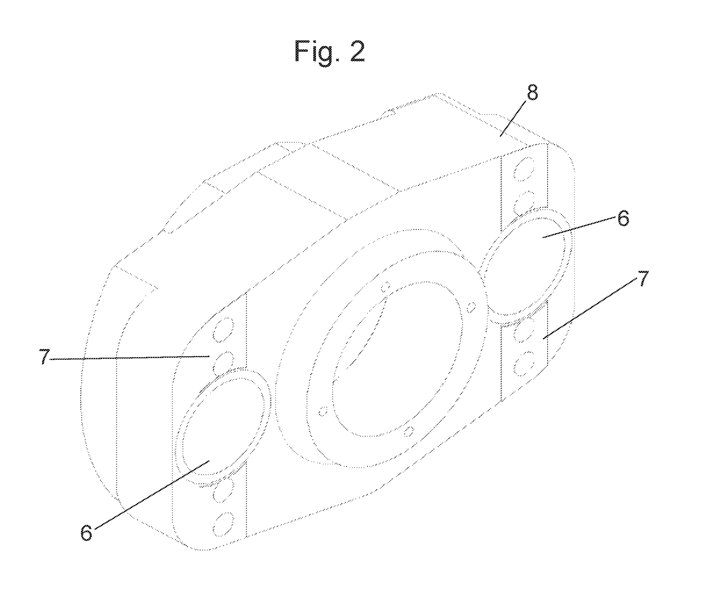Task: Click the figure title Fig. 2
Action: point(330,52)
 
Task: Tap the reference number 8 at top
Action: point(532,93)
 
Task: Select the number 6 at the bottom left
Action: point(86,533)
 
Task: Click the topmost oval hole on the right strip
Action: point(524,169)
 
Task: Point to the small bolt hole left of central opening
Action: point(323,411)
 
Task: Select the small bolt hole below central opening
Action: point(408,431)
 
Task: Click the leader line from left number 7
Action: point(128,358)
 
